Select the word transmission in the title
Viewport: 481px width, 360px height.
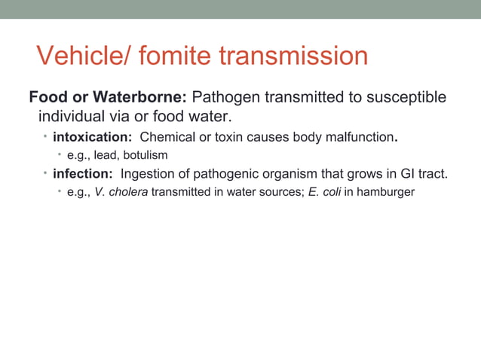pos(296,56)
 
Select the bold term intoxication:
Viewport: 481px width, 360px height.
pos(93,137)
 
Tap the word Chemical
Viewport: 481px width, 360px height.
pos(167,137)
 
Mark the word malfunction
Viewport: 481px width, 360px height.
pos(359,137)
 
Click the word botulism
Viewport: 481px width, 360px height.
pos(143,155)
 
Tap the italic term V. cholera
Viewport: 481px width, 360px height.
pos(121,192)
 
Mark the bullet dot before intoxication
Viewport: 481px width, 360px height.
pos(44,136)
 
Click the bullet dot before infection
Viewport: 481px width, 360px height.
pos(44,173)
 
